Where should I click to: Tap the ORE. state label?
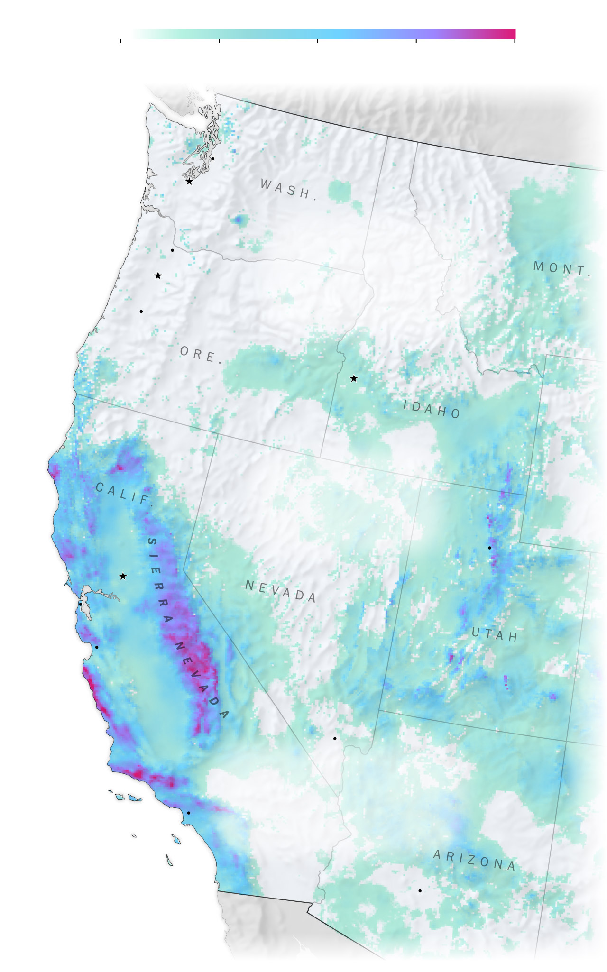[x=201, y=355]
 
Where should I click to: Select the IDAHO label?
[x=432, y=409]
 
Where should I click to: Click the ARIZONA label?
[x=474, y=860]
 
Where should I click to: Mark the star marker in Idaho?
[x=354, y=378]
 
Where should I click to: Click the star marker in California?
[x=123, y=577]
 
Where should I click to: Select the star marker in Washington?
[x=189, y=182]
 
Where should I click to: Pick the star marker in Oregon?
[x=158, y=276]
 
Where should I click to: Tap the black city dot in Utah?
[x=490, y=548]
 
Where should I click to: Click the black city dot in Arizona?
[x=420, y=891]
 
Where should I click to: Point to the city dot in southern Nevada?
[x=335, y=739]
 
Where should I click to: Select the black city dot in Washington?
[x=212, y=158]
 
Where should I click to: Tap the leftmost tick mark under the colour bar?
[x=121, y=41]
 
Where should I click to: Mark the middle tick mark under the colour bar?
[x=318, y=41]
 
